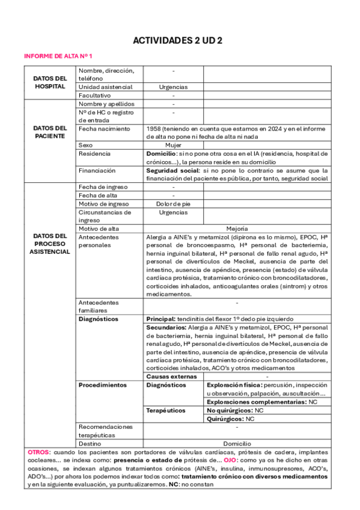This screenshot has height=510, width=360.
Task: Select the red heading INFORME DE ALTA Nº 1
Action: (58, 56)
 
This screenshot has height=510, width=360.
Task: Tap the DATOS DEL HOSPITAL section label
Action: (50, 82)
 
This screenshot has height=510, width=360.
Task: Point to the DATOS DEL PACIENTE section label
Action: (50, 132)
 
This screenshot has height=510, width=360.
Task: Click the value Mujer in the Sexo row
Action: (173, 145)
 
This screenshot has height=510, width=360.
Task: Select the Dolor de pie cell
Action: (173, 204)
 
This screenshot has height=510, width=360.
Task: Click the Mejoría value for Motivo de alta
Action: (237, 229)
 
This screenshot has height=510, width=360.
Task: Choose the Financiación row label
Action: (97, 170)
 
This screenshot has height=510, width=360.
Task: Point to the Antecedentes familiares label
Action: (99, 306)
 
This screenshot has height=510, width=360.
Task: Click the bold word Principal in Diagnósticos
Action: (160, 319)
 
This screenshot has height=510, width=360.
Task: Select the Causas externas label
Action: (172, 376)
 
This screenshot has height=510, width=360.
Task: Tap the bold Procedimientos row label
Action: (103, 384)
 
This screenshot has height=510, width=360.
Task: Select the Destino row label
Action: (90, 443)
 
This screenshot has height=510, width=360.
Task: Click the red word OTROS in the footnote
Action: (39, 451)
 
